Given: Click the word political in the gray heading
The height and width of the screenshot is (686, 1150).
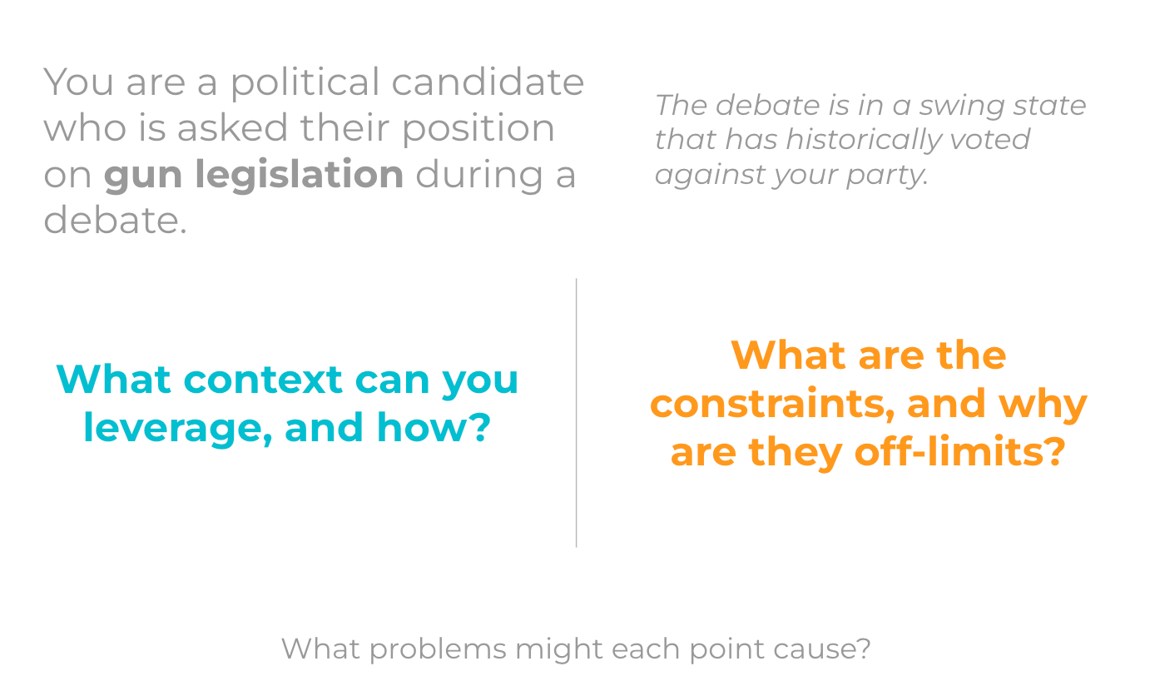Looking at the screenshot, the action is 305,82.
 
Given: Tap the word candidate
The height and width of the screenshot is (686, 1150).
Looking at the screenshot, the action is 488,82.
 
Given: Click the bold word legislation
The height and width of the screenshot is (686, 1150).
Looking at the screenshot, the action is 300,174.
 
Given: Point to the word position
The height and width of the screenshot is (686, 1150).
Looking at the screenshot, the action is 478,128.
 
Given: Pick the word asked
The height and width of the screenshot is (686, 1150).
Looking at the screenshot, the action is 232,127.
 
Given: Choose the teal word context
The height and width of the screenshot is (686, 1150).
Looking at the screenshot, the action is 263,380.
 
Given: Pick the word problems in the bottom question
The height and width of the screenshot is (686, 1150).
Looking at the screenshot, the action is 438,650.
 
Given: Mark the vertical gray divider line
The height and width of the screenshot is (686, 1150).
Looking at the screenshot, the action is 576,413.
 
